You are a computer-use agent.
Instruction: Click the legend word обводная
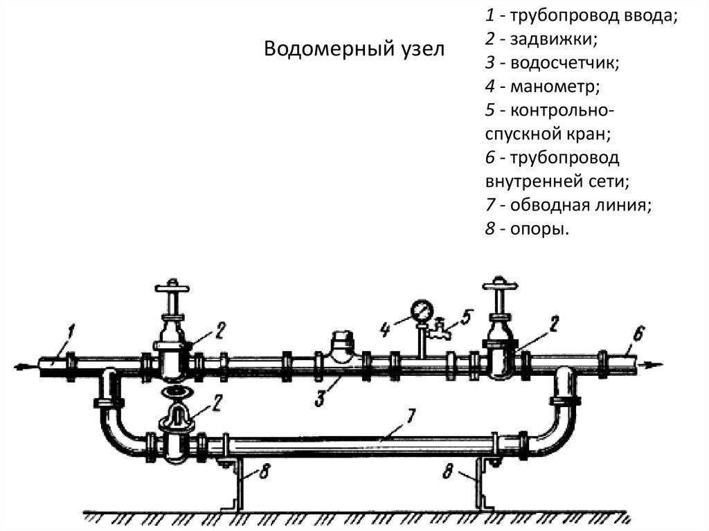pyautogui.click(x=546, y=205)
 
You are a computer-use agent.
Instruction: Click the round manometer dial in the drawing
pyautogui.click(x=420, y=309)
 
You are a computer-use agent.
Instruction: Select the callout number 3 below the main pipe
pyautogui.click(x=320, y=397)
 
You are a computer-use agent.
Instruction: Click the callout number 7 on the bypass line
pyautogui.click(x=410, y=417)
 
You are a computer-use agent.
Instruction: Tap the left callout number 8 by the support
pyautogui.click(x=265, y=473)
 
